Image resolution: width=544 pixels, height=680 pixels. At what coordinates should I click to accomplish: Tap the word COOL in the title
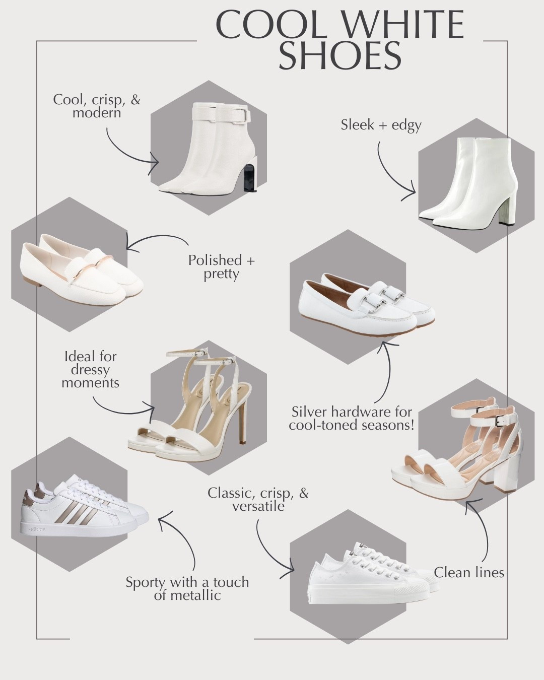(x=270, y=24)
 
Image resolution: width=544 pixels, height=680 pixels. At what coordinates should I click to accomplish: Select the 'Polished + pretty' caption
(x=221, y=267)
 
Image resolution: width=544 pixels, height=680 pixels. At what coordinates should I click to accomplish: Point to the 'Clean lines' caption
(x=469, y=573)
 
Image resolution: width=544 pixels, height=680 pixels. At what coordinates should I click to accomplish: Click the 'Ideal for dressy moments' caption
(x=90, y=370)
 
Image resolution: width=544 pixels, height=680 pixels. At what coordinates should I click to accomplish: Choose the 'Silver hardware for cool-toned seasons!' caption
(x=352, y=419)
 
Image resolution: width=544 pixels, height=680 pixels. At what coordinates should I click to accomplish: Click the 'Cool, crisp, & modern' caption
(x=96, y=106)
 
